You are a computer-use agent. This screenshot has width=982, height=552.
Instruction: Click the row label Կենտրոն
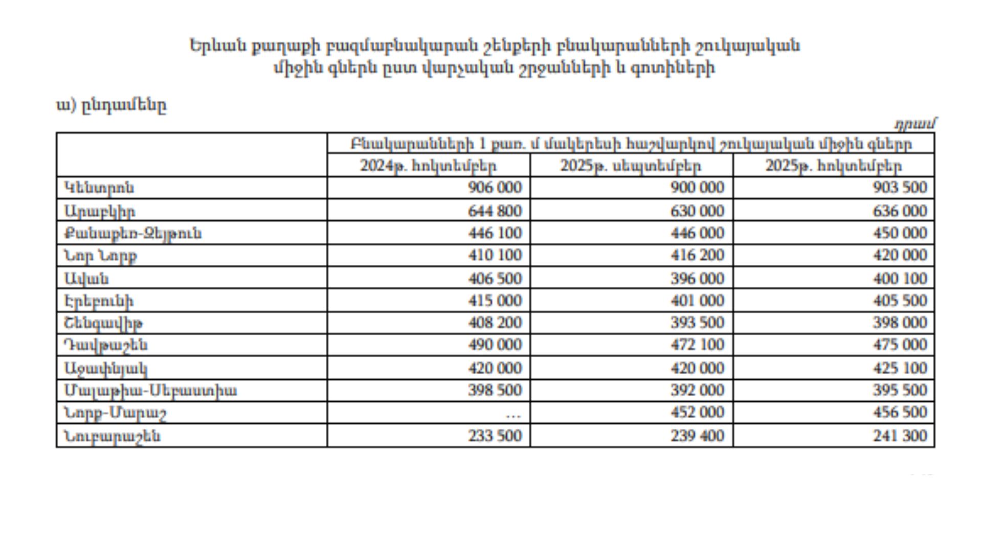(x=99, y=188)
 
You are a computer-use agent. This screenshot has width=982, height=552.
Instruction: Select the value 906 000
(x=495, y=188)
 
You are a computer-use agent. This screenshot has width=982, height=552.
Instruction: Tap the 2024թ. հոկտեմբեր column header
(x=428, y=166)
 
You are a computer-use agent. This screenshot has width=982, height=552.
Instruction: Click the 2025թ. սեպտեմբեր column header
(x=631, y=166)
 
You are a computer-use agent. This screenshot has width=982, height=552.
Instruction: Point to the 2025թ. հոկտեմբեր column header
(x=833, y=166)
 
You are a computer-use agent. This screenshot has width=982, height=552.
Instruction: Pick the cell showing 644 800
(x=495, y=211)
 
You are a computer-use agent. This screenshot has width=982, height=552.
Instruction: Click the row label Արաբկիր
(x=100, y=211)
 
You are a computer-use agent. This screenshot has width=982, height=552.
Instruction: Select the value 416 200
(x=697, y=255)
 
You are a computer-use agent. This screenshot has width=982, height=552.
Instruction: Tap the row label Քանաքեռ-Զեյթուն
(x=133, y=234)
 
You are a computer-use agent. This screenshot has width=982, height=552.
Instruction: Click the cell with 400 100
(x=900, y=279)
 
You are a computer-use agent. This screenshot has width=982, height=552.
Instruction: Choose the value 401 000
(x=697, y=301)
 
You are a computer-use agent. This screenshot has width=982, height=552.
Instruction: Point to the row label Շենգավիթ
(x=103, y=324)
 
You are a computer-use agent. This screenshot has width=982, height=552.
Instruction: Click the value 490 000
(x=495, y=345)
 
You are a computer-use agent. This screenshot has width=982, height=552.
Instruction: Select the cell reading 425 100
(x=900, y=369)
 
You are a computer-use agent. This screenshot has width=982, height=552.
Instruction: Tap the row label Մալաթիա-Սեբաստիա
(x=150, y=391)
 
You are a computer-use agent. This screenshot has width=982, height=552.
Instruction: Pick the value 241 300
(x=900, y=436)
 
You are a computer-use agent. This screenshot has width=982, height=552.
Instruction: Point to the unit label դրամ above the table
(x=915, y=124)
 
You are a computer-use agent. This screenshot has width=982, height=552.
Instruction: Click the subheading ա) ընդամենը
(x=111, y=106)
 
